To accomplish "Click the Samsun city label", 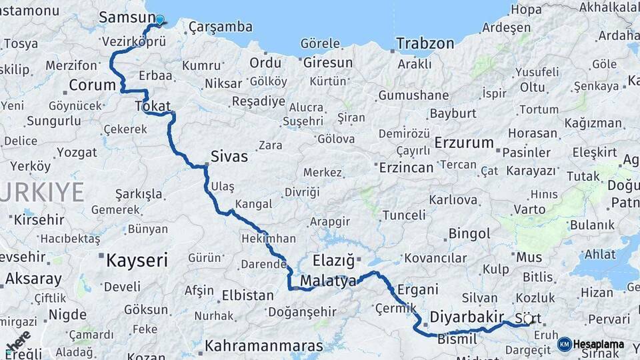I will (x=122, y=17).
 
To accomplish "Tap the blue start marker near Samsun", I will (x=159, y=20).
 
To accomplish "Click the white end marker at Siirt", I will (x=528, y=319).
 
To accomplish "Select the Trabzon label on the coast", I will (x=425, y=44).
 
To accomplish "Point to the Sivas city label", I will (x=229, y=157).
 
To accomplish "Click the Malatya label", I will (x=328, y=281).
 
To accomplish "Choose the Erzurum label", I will (x=464, y=143).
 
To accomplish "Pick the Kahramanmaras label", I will (x=264, y=346).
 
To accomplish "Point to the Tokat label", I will (x=153, y=105).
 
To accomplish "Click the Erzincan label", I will (x=406, y=167).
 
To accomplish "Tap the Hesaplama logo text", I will (x=598, y=345).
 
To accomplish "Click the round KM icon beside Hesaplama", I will (x=564, y=345).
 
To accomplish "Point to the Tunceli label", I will (x=403, y=215).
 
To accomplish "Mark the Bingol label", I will (x=469, y=234).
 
